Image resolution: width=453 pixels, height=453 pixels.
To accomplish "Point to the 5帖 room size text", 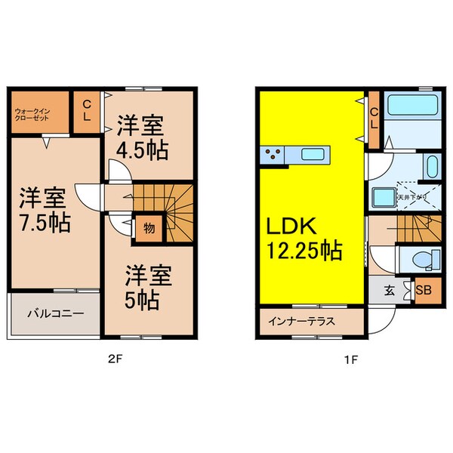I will coord(141,299).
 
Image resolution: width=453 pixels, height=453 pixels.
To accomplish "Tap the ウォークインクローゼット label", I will coord(34,116).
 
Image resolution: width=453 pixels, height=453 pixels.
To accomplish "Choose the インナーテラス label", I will coord(300,320).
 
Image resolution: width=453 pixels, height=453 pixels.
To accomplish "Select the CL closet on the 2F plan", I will coord(87,112).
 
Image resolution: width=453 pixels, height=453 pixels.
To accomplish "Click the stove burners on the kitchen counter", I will coord(274,156).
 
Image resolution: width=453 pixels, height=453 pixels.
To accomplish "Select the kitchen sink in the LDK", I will coord(312,155).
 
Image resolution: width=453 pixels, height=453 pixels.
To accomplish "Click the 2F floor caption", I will coord(112,359).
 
